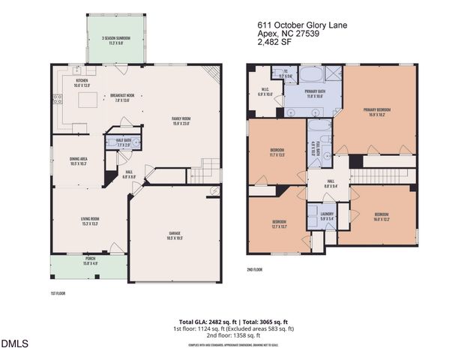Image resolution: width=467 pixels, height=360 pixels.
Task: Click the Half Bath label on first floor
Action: (124, 141)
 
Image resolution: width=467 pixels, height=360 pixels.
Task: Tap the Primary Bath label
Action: (315, 94)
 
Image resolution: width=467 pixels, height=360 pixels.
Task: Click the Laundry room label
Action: (326, 217)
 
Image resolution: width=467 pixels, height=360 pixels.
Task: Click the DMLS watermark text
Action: (14, 344)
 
